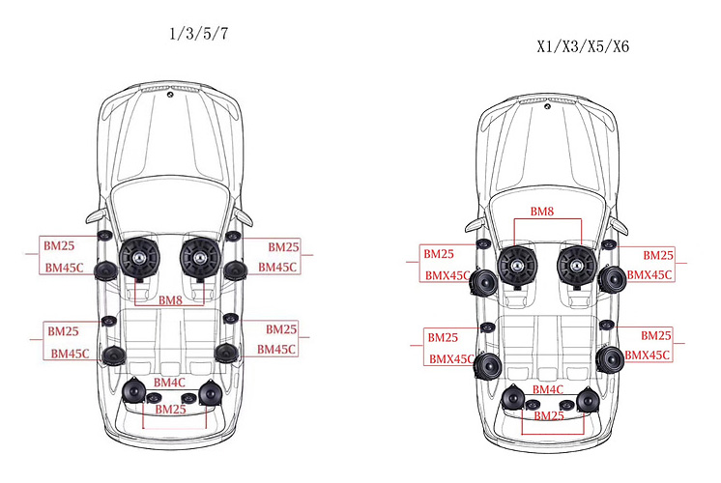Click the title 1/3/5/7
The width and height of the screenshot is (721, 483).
coord(199,34)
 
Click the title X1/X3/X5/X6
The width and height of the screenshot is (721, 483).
coord(583,46)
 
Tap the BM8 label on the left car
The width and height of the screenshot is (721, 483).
coord(171,300)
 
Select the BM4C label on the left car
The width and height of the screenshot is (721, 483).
coord(170,383)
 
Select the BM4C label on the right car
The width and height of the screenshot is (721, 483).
coord(547,389)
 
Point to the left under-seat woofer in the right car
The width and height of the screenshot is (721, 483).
coord(519,266)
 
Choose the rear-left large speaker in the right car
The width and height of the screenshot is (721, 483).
coord(512,397)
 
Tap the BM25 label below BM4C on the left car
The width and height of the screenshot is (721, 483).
coord(171,410)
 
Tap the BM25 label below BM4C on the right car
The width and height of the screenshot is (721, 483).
coord(548,415)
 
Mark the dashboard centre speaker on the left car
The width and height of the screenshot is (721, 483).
coord(168,95)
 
